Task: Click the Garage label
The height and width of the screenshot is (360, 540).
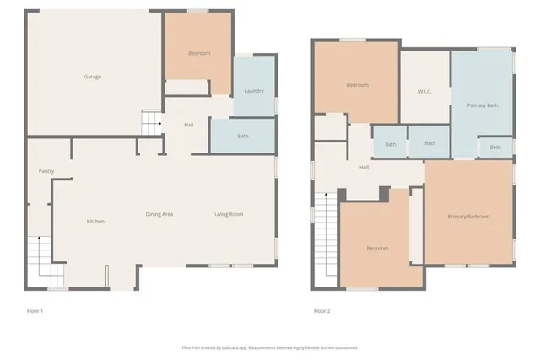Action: point(92,77)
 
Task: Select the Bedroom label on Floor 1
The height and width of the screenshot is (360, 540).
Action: point(199,53)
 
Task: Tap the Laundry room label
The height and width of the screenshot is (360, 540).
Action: point(254,91)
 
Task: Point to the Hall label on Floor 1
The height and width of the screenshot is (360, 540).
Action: point(189,125)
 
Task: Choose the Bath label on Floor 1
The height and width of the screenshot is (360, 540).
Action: point(242,136)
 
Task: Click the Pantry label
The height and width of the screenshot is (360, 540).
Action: point(46,171)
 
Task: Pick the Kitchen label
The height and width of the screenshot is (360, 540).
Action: point(95,221)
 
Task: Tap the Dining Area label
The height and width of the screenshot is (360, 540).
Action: point(159,214)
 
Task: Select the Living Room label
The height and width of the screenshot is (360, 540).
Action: point(228,214)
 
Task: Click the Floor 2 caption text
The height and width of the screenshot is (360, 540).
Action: point(321,310)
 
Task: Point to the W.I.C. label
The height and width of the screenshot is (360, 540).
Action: point(425,91)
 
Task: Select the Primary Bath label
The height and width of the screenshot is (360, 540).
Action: point(482,105)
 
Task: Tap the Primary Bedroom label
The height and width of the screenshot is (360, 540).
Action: point(468,216)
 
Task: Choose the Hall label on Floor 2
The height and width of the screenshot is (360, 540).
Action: point(364,167)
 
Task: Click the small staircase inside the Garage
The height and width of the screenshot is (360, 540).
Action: point(150,123)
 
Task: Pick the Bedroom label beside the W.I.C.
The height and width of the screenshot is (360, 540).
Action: point(358,85)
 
